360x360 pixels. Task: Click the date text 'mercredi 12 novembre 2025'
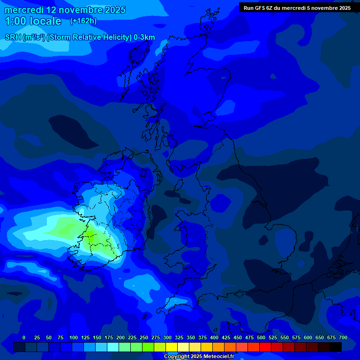pyautogui.click(x=65, y=10)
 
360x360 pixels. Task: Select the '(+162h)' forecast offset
pyautogui.click(x=83, y=21)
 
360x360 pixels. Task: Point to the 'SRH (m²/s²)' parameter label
pyautogui.click(x=25, y=37)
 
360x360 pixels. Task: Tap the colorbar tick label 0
pyautogui.click(x=24, y=337)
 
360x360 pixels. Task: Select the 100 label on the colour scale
pyautogui.click(x=74, y=337)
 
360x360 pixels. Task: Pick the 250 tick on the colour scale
pyautogui.click(x=144, y=337)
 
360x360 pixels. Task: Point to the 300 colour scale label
pyautogui.click(x=167, y=337)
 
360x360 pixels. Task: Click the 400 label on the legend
pyautogui.click(x=214, y=337)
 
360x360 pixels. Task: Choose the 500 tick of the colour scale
pyautogui.click(x=261, y=337)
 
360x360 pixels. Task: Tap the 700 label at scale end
pyautogui.click(x=343, y=337)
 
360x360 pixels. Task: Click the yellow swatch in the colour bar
pyautogui.click(x=172, y=347)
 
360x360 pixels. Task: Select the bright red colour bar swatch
pyautogui.click(x=265, y=347)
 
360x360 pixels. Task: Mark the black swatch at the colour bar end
pyautogui.click(x=336, y=347)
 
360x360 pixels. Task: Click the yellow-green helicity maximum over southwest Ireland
pyautogui.click(x=96, y=239)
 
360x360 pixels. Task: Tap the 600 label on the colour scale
pyautogui.click(x=308, y=337)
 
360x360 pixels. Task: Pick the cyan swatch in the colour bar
pyautogui.click(x=113, y=347)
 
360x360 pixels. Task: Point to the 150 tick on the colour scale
pyautogui.click(x=97, y=337)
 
